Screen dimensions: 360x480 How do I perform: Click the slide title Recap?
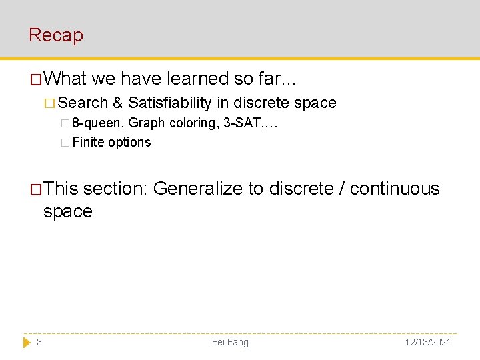[56, 35]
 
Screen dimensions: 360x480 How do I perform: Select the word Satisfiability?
[169, 103]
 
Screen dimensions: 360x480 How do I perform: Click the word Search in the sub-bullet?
[83, 103]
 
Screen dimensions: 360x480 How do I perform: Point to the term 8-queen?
[97, 123]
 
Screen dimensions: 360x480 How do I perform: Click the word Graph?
[147, 123]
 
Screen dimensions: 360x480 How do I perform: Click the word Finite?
[88, 142]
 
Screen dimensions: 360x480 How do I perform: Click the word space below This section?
[67, 212]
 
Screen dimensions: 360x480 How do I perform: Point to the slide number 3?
[39, 342]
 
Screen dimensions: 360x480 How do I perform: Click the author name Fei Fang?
[230, 342]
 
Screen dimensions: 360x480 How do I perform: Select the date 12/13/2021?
[427, 342]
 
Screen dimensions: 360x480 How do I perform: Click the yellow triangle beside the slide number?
[27, 342]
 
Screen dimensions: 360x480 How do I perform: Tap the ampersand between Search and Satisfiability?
[118, 103]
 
